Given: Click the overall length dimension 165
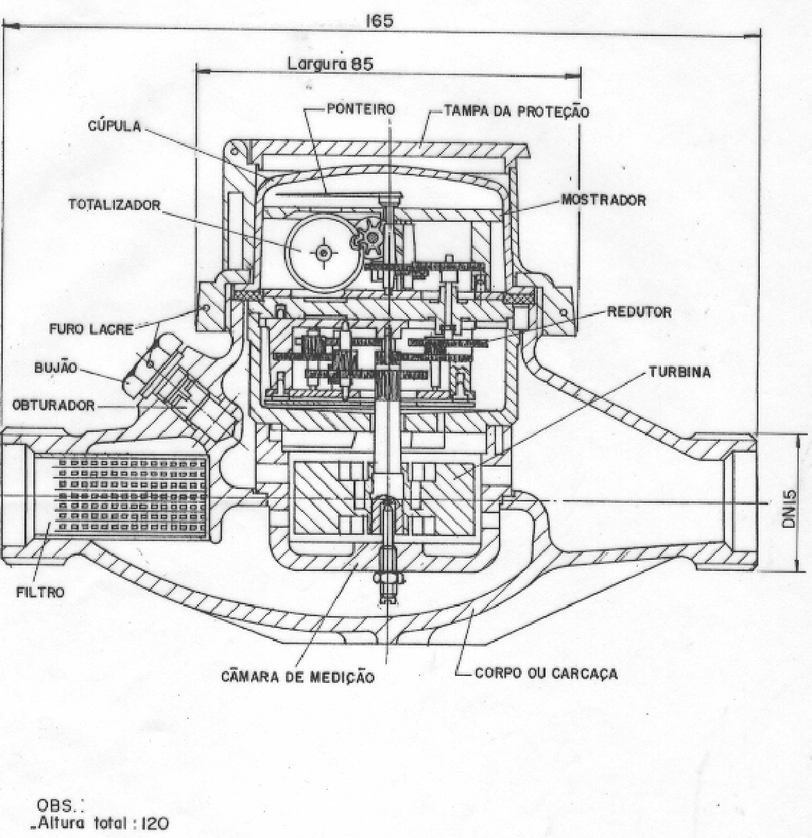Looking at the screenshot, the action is click(379, 21).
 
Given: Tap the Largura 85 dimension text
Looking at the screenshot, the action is click(331, 64).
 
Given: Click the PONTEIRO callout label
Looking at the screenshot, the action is click(360, 108).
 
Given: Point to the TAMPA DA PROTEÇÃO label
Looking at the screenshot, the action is click(516, 111).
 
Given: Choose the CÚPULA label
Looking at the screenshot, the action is click(115, 126).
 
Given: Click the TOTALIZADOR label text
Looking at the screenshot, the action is click(115, 204).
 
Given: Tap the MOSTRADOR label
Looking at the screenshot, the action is click(603, 200).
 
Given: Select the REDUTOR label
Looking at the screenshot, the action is click(639, 312).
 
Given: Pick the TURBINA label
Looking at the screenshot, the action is click(679, 372).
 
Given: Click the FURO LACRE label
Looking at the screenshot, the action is click(91, 330).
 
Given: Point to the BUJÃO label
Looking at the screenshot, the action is click(56, 367).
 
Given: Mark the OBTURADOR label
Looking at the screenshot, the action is click(54, 405).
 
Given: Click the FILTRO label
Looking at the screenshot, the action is click(40, 592).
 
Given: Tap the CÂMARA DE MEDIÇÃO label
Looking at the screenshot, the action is click(298, 677).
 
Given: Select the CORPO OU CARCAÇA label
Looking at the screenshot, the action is click(546, 672).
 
